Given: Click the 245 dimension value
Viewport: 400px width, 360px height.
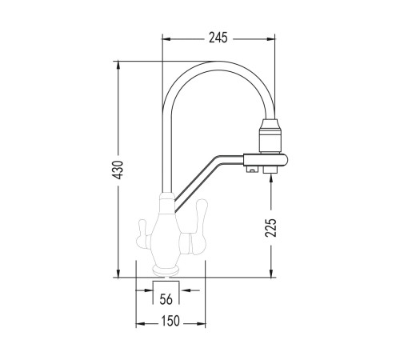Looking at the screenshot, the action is coord(218,38).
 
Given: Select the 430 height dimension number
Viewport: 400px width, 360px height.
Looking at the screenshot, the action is coord(118,170).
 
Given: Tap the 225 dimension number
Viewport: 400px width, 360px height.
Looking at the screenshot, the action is coord(270,228).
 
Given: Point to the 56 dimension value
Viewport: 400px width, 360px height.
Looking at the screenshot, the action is coord(166,299).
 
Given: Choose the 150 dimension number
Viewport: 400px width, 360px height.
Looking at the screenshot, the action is coord(170,321).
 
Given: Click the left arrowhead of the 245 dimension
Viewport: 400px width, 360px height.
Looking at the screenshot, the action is coord(166,39).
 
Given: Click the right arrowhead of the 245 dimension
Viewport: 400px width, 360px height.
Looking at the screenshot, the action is coord(270,39).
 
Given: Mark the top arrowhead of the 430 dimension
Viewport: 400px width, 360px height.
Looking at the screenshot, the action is coord(118,66).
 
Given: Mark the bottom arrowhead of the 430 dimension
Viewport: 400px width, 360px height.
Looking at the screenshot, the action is coord(118,273).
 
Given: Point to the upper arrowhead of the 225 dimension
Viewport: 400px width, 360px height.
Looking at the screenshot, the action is coord(271,178).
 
